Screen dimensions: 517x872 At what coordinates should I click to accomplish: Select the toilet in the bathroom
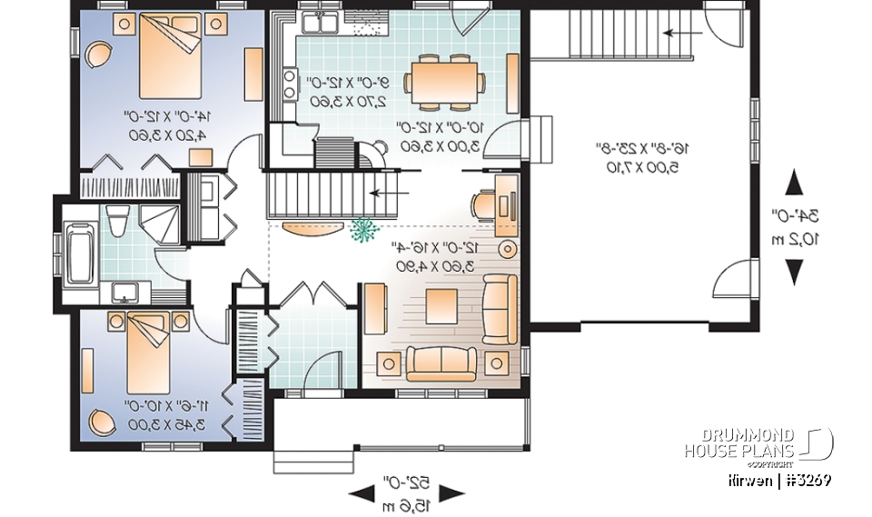click(x=115, y=220)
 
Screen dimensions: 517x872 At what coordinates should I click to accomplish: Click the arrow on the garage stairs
click(x=675, y=34)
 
